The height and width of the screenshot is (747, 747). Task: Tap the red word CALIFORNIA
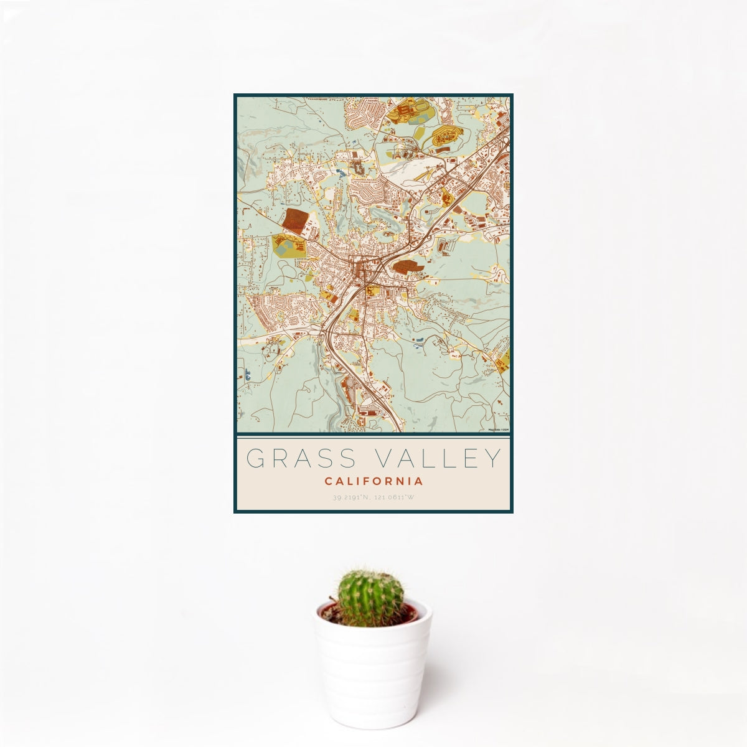coord(374,481)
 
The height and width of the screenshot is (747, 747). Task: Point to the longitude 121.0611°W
coord(393,497)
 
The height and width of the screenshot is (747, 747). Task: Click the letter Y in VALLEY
coord(492,459)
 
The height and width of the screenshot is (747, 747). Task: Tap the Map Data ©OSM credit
coord(498,430)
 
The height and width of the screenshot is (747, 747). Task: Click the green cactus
coord(370,596)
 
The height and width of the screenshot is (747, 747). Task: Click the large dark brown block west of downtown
coord(294,221)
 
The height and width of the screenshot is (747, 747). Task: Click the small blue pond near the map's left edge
coord(247,375)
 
